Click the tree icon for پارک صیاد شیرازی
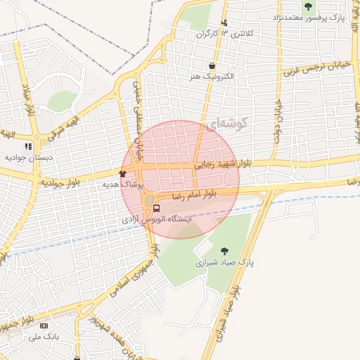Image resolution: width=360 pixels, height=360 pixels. point(224,251)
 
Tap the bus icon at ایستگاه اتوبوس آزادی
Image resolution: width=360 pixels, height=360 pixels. point(157,208)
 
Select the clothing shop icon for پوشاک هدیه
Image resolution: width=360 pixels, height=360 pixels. point(123,173)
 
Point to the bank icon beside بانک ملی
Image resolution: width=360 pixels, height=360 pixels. point(44,326)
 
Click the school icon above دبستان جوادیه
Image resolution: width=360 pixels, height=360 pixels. point(28,146)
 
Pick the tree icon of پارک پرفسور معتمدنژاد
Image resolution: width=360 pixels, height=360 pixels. point(308,6)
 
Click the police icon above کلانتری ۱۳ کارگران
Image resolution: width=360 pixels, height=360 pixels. point(225,22)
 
